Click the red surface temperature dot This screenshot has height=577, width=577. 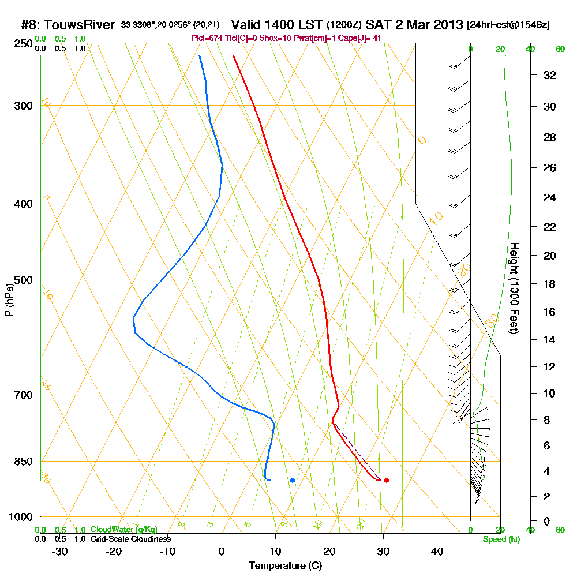pyautogui.click(x=387, y=480)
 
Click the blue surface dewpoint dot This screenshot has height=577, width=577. pyautogui.click(x=293, y=480)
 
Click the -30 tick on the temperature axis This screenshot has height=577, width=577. pyautogui.click(x=60, y=552)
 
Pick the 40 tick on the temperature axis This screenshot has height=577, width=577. pyautogui.click(x=437, y=552)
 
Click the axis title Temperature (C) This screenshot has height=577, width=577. pyautogui.click(x=285, y=566)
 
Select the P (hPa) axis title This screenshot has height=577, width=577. pyautogui.click(x=9, y=300)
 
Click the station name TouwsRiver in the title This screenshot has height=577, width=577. pyautogui.click(x=81, y=25)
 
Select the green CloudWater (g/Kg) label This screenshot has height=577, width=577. pyautogui.click(x=123, y=530)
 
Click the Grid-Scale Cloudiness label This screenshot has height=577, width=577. pyautogui.click(x=130, y=538)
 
